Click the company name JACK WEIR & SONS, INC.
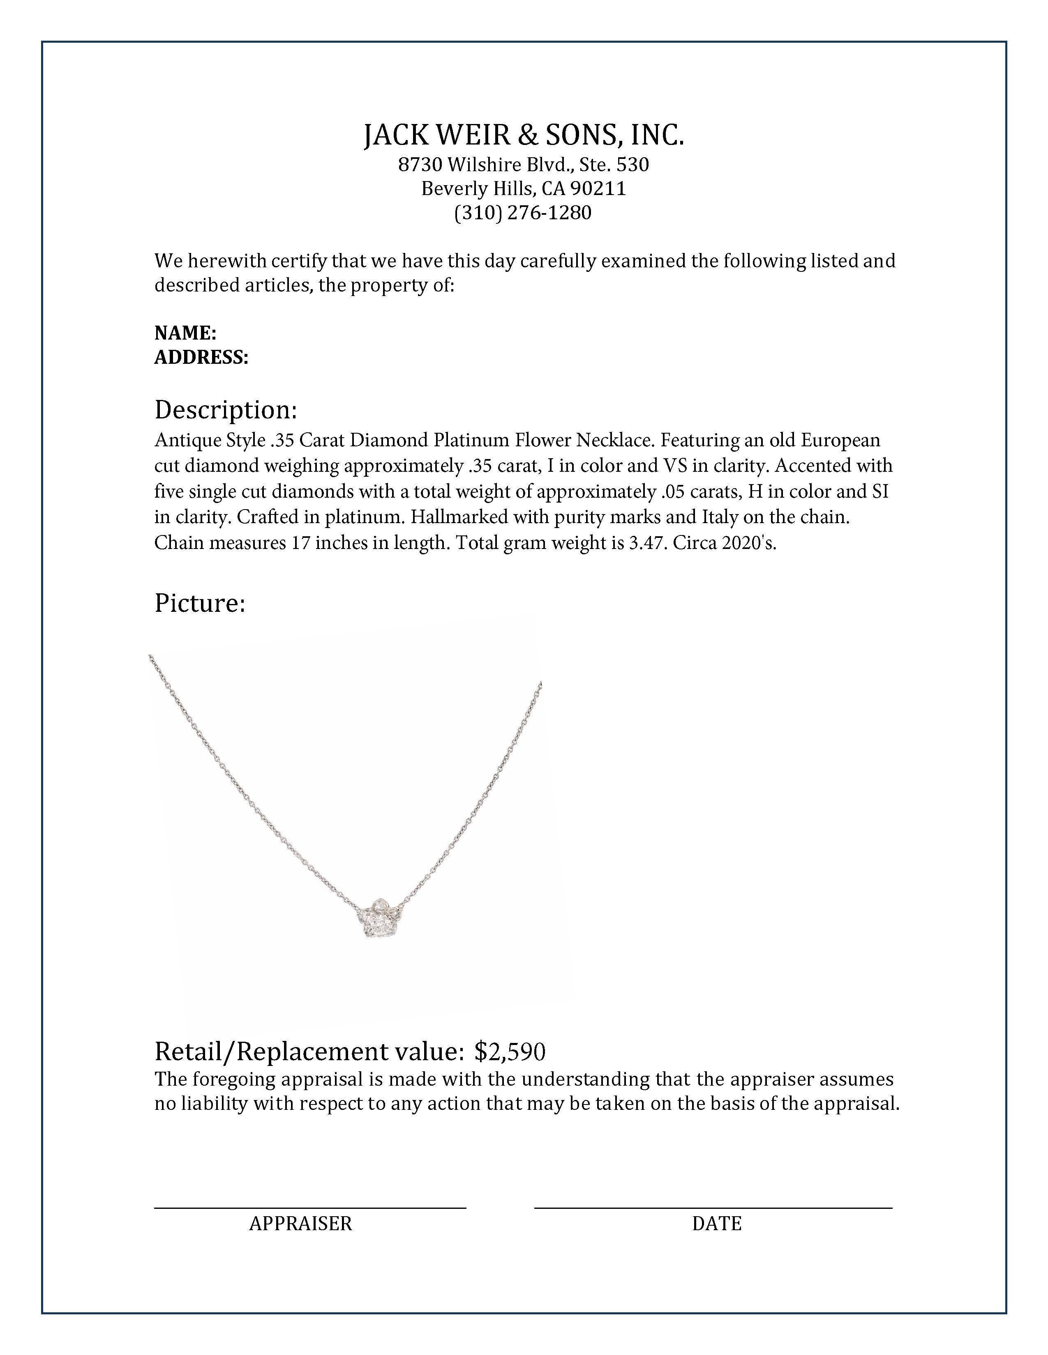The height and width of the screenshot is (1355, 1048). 523,135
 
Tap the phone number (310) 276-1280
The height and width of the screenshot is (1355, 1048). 523,212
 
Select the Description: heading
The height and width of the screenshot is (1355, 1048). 225,410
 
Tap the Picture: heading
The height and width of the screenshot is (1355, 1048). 200,603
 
